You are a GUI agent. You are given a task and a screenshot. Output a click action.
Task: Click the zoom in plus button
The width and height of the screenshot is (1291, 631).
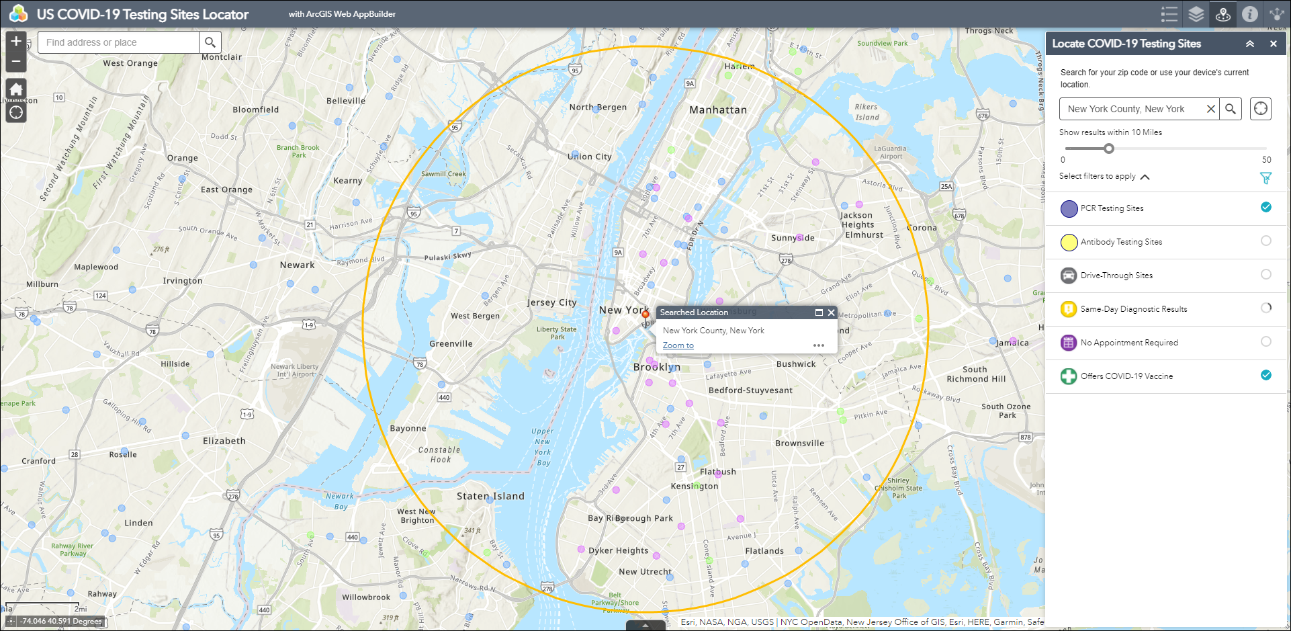(16, 42)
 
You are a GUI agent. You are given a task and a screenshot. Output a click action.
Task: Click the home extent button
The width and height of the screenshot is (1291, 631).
(16, 89)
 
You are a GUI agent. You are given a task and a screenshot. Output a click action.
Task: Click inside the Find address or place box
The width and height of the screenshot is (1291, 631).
(118, 42)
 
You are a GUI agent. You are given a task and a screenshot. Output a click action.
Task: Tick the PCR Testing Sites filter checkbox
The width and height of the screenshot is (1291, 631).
(1265, 207)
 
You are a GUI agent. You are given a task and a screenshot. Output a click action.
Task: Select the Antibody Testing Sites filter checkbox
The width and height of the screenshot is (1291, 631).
(1265, 241)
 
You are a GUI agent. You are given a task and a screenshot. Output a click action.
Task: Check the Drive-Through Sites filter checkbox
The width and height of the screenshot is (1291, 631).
(1265, 274)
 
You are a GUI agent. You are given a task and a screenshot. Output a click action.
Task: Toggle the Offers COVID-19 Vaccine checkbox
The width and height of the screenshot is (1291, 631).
(1265, 375)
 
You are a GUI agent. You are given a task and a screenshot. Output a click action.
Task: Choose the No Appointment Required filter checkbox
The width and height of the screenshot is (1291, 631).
(1265, 341)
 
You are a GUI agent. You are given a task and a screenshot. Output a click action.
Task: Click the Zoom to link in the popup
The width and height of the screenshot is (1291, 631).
(678, 345)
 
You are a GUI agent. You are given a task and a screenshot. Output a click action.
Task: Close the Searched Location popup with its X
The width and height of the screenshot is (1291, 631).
(831, 312)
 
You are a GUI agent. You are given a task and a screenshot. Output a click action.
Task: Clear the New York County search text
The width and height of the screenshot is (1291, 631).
(1210, 109)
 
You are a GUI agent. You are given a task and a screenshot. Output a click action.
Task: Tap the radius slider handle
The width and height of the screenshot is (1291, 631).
(1109, 149)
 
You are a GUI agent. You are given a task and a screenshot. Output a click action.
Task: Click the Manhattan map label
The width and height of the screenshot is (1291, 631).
(717, 110)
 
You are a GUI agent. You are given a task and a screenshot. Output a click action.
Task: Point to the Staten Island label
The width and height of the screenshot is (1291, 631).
(490, 497)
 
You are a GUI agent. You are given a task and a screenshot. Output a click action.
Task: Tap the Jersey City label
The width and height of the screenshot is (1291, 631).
(551, 302)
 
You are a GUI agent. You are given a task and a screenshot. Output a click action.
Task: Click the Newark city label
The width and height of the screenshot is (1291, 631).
(297, 265)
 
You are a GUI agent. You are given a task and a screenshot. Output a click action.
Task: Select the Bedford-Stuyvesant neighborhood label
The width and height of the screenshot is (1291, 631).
(750, 390)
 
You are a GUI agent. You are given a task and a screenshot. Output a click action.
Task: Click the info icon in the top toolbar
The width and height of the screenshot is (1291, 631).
(1249, 14)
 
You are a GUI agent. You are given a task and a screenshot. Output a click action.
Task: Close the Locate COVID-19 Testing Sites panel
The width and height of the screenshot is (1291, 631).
(1273, 44)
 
